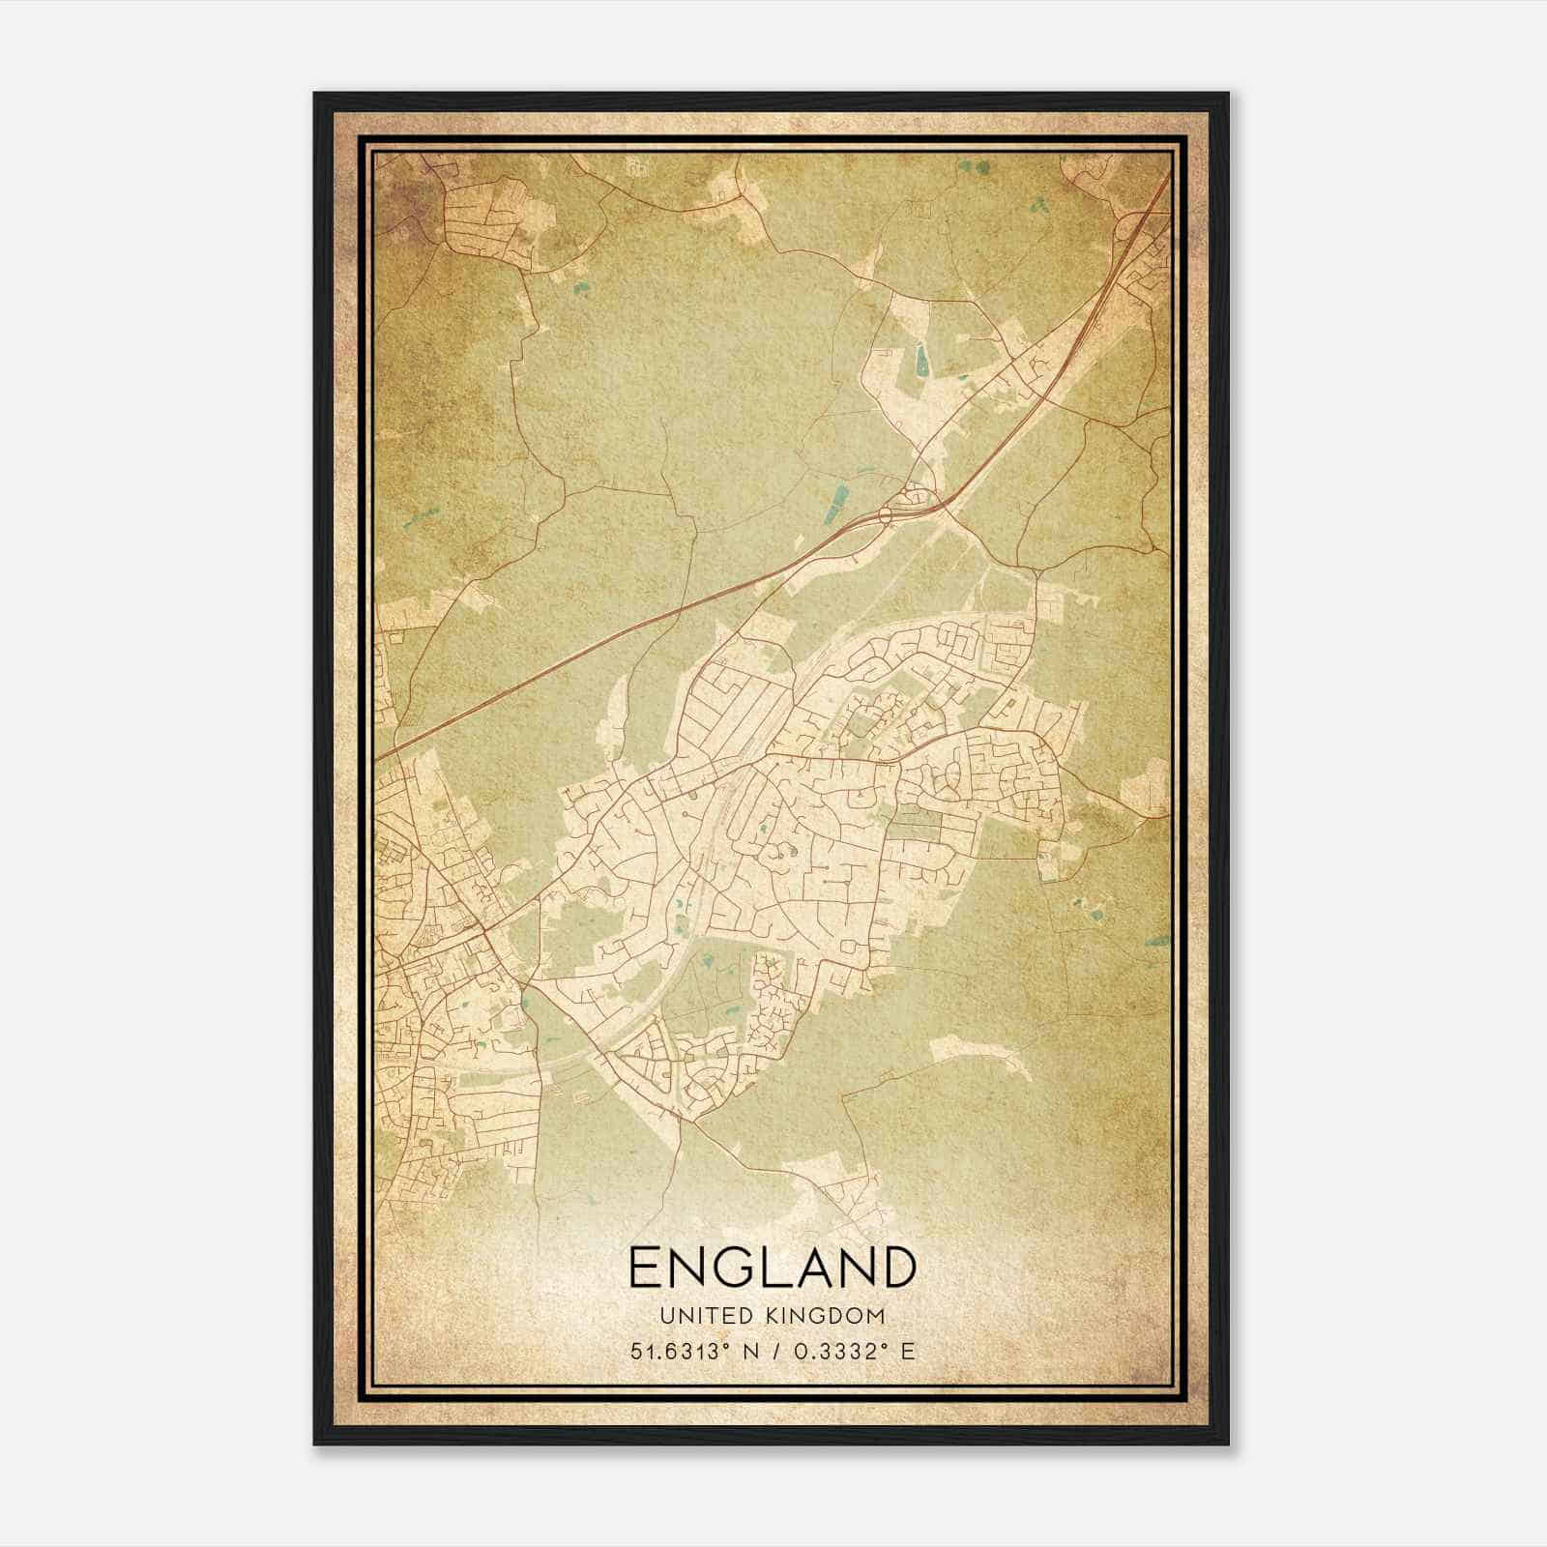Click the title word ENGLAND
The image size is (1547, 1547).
coord(772,1267)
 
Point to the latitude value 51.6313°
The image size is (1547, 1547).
coord(677,1352)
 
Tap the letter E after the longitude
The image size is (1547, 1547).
coord(907,1352)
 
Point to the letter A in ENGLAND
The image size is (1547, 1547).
coord(811,1267)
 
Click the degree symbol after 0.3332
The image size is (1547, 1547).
coord(885,1346)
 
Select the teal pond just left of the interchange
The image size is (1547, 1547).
coord(838,500)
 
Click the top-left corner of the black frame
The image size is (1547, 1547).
coord(315,94)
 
